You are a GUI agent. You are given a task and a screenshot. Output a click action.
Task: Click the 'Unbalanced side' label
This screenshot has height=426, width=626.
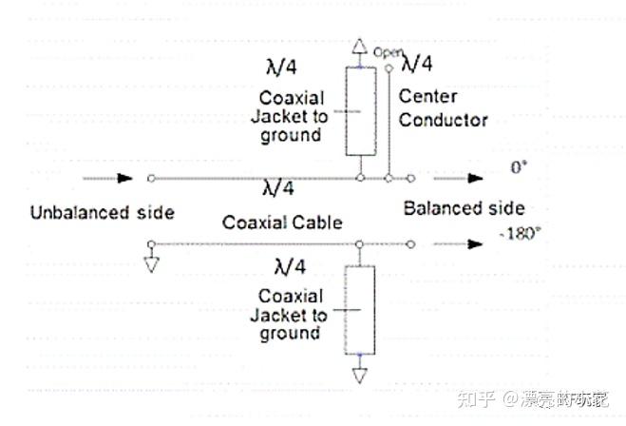(102, 212)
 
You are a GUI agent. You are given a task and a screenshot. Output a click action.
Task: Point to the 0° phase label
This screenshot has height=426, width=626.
(518, 167)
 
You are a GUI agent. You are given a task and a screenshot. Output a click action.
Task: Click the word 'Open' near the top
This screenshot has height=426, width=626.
(386, 52)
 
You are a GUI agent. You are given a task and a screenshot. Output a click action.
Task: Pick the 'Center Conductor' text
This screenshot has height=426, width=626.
(443, 108)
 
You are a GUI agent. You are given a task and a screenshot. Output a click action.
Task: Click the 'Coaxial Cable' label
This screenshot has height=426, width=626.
(282, 223)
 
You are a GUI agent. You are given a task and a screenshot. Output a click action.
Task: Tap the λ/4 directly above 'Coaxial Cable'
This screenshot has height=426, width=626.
(275, 188)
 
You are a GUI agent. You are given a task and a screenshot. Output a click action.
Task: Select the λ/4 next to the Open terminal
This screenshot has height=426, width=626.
(417, 64)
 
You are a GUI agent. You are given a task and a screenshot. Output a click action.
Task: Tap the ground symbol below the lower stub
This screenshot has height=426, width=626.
(359, 377)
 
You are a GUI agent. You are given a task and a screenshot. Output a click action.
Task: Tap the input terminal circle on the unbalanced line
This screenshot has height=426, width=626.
(152, 178)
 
